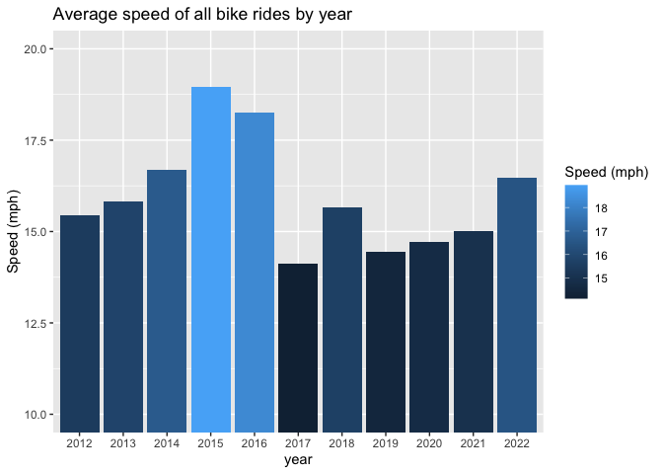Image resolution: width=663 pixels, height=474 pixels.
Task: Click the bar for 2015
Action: click(x=211, y=260)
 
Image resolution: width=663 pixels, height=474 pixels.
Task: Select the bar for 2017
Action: click(x=298, y=348)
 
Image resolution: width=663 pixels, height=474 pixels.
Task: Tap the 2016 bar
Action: click(x=255, y=273)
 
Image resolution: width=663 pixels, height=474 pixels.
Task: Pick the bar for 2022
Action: click(x=517, y=305)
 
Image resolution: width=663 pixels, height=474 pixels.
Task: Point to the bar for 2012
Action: click(x=80, y=324)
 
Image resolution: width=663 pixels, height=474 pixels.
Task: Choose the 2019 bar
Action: click(x=386, y=342)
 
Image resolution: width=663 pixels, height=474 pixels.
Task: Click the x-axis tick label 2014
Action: click(x=167, y=443)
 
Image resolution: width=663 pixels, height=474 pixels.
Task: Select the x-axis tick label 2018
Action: click(x=341, y=443)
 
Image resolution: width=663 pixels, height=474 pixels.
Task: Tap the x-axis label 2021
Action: click(x=474, y=443)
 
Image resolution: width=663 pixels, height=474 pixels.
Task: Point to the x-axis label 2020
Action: click(x=429, y=443)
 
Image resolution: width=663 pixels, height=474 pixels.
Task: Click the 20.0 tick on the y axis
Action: click(x=36, y=49)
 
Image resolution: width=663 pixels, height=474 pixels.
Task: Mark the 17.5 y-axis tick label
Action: click(x=36, y=140)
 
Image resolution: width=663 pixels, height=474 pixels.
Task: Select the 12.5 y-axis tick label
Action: click(x=36, y=323)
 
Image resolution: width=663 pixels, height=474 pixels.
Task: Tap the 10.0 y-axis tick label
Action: click(x=36, y=415)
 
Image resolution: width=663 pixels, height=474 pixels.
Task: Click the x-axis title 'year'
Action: click(x=298, y=460)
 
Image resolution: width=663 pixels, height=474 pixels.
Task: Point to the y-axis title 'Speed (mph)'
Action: click(x=13, y=231)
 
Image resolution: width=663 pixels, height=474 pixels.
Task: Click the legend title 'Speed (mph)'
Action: click(x=607, y=172)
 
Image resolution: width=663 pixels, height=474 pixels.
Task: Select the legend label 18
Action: click(x=601, y=208)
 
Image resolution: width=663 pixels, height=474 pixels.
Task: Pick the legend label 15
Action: click(x=601, y=278)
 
